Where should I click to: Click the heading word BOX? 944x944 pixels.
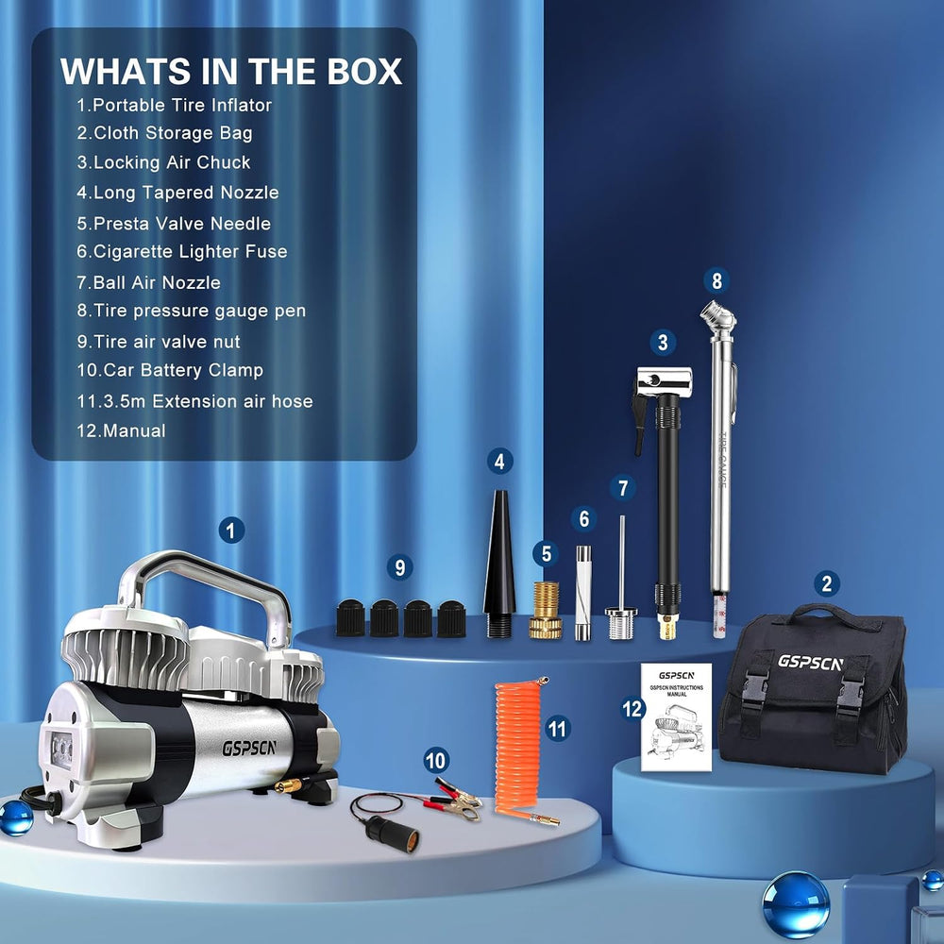coord(364,72)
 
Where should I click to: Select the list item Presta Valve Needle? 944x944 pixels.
coord(174,224)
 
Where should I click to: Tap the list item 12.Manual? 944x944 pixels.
coord(121,430)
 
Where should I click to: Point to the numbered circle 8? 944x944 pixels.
coord(716,280)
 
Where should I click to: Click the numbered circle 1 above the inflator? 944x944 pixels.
coord(231,531)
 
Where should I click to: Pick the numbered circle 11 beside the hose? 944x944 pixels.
coord(558,729)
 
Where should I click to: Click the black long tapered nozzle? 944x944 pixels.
coord(499,564)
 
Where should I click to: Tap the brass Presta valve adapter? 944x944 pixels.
coord(546,610)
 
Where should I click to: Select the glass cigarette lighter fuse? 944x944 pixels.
coord(583,593)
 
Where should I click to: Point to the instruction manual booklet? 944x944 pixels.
coord(676,717)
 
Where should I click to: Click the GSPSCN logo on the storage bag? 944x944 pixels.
coord(810,663)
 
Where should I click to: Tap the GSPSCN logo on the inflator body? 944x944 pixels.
coord(249,748)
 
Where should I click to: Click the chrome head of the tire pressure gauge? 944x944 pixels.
coord(718,318)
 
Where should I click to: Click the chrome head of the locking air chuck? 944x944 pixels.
coord(664,381)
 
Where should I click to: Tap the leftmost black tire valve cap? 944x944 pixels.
coord(350,617)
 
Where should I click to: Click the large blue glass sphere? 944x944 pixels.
coord(796,905)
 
